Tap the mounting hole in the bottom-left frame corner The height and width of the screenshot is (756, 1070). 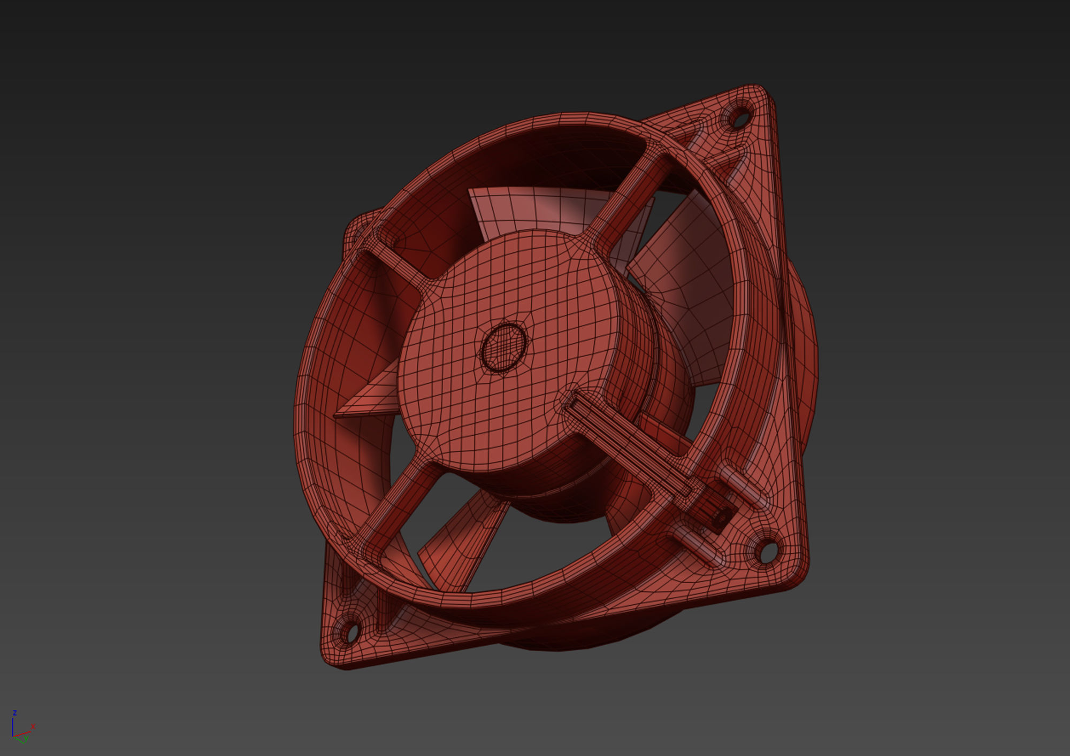click(x=351, y=633)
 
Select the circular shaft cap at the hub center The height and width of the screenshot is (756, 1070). click(x=503, y=348)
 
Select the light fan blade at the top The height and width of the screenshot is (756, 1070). click(x=535, y=209)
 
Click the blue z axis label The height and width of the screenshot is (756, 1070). click(x=15, y=713)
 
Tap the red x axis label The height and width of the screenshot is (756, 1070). click(x=33, y=727)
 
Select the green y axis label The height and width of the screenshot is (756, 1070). click(x=25, y=738)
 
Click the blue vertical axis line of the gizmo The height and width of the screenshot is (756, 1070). click(x=13, y=726)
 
